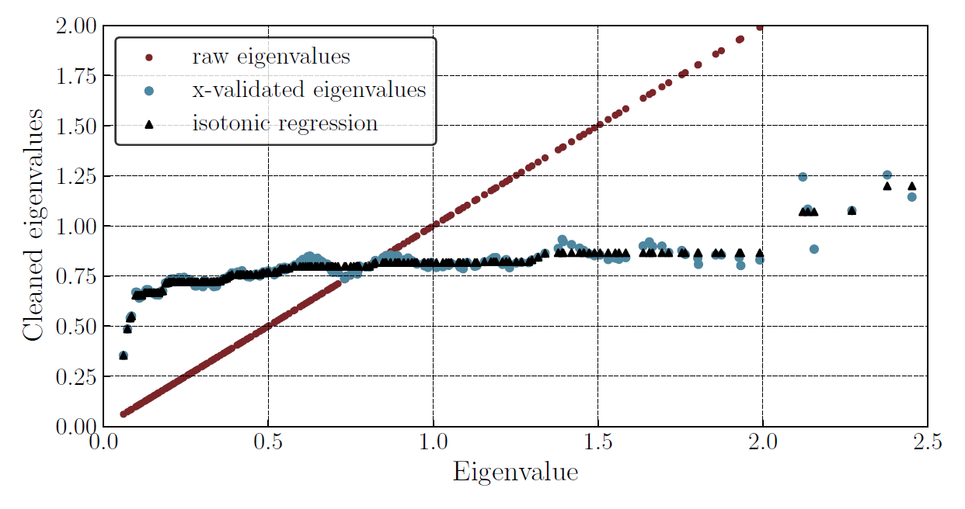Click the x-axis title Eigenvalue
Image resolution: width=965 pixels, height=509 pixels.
coord(515,472)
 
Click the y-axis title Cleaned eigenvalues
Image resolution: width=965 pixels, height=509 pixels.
coord(33,225)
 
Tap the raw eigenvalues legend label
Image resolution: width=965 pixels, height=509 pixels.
coord(270,57)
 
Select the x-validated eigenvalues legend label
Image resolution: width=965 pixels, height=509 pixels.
coord(308,90)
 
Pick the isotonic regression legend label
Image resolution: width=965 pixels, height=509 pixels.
coord(284,123)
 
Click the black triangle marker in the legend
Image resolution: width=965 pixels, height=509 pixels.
coord(149,123)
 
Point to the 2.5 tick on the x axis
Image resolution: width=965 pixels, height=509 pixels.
coord(927,442)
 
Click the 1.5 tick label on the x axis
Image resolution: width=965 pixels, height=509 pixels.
coord(597,442)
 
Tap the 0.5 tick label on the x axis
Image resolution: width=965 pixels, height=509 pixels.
coord(268,442)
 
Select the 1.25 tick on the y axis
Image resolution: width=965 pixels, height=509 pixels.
coord(75,176)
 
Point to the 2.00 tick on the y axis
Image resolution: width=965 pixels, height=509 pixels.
coord(75,26)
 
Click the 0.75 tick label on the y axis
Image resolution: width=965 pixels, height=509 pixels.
coord(75,276)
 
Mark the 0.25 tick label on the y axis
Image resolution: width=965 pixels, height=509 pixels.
coord(75,376)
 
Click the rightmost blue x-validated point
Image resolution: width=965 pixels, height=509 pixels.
coord(912,197)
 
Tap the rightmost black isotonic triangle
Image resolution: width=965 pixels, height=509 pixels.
coord(912,186)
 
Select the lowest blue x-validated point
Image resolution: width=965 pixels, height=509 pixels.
coord(123,355)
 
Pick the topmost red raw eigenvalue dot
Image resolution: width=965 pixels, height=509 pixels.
coord(760,27)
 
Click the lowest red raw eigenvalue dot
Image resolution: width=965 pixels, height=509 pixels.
coord(123,414)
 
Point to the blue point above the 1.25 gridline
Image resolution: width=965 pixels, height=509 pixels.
coord(887,175)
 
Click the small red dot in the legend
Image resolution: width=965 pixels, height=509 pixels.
coord(149,57)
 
